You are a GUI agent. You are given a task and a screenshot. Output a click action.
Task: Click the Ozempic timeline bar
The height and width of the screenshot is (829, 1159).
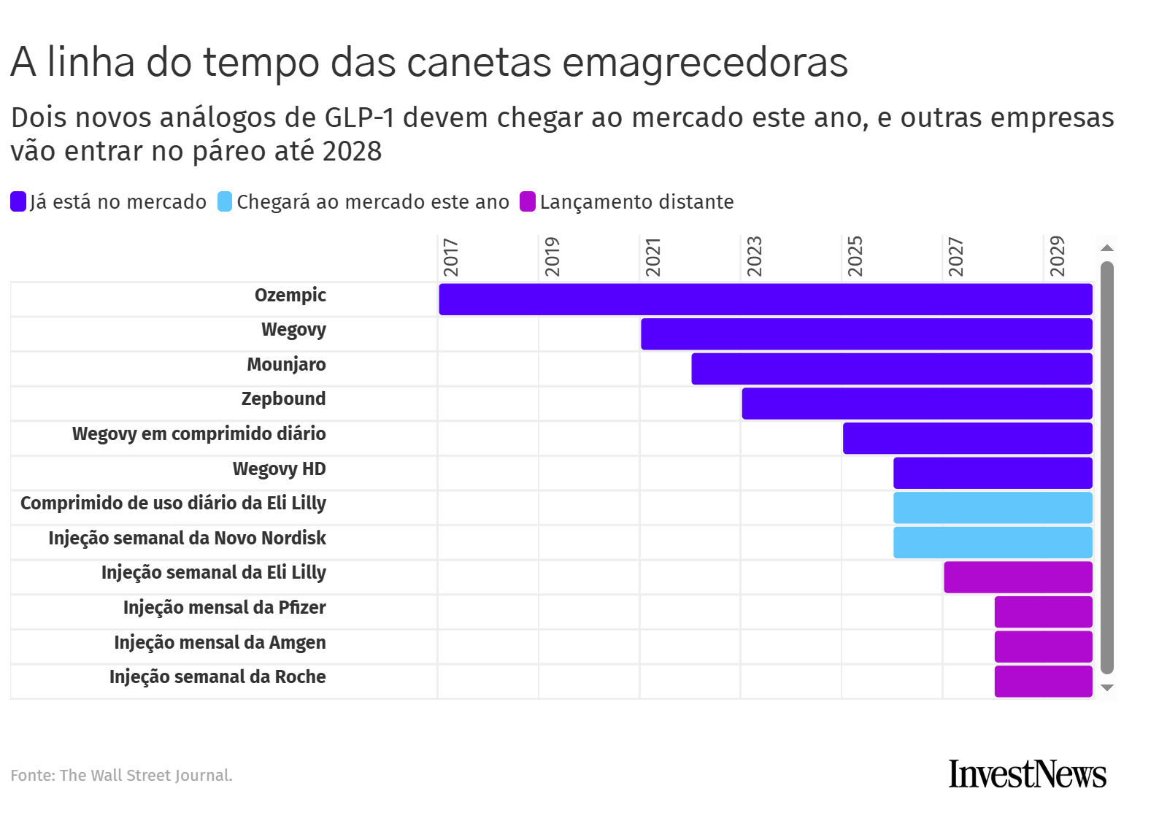[765, 299]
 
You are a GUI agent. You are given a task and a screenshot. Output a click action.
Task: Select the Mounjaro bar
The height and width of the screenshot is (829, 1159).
[891, 369]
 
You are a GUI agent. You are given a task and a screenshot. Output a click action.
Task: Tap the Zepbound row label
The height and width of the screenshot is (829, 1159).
[283, 399]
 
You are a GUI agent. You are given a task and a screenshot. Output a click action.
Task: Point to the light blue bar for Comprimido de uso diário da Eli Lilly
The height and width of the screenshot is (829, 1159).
[992, 508]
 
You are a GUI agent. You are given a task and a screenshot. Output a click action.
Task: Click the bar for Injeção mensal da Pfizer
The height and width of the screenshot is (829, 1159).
[1043, 612]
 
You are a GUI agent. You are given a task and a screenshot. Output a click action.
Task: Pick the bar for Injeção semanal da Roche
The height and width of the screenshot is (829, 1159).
[1043, 681]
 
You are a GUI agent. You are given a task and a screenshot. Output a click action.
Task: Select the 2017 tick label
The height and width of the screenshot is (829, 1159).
[451, 257]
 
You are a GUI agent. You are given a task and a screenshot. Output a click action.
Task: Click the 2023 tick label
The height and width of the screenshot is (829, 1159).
[754, 257]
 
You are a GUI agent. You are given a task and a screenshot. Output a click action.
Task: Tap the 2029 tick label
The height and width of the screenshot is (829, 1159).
[1057, 257]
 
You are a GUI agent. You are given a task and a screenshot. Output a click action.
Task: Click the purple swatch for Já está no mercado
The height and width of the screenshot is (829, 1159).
[18, 201]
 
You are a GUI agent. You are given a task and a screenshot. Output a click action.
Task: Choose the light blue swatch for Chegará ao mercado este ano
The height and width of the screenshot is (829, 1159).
[225, 201]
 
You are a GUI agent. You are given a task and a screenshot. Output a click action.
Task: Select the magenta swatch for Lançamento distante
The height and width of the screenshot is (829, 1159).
[528, 201]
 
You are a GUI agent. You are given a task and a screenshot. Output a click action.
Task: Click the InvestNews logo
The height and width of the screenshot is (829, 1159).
[1027, 774]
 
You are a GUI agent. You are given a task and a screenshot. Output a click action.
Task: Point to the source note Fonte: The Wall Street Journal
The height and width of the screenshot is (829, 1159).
[121, 775]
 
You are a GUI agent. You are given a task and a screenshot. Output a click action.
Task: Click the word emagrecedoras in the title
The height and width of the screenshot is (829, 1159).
[705, 62]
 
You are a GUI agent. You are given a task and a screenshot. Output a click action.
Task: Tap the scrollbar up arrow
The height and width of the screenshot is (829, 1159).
[1106, 248]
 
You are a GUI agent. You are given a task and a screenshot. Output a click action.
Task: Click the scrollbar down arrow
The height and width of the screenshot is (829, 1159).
[1106, 687]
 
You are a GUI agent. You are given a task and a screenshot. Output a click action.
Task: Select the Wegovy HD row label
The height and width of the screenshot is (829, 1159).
[279, 469]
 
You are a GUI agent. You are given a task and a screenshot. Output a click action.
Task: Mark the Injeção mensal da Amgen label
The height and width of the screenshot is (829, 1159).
[220, 643]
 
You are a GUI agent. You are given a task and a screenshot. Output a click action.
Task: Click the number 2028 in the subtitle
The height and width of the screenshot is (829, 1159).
[353, 151]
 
